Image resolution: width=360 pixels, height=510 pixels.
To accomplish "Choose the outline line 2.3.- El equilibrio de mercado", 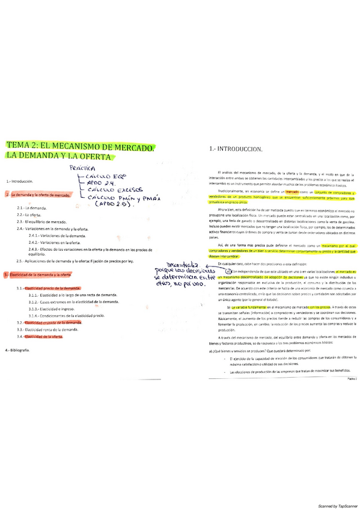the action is click(41, 221).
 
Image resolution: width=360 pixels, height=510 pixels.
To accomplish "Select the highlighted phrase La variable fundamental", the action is click(242, 307).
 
